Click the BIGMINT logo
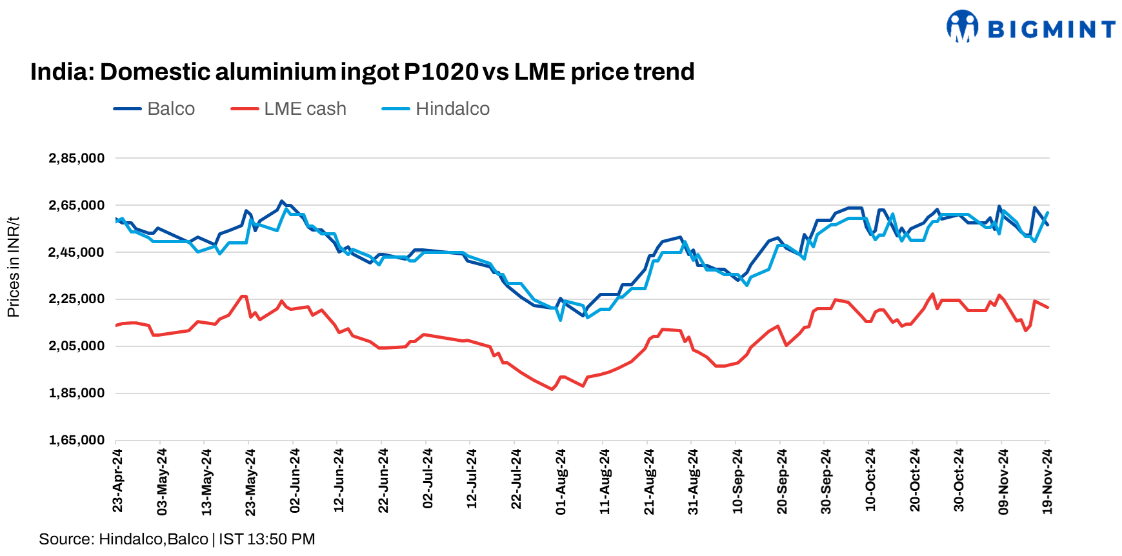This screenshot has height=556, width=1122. click(1030, 28)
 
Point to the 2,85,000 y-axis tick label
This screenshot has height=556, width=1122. click(76, 158)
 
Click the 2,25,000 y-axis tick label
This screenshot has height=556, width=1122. click(76, 299)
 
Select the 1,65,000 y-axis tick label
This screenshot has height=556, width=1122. click(76, 441)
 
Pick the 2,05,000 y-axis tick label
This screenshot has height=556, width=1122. click(76, 346)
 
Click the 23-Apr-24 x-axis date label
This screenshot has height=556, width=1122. click(117, 481)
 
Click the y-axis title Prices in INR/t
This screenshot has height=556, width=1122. click(13, 267)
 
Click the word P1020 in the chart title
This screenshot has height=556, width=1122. click(441, 72)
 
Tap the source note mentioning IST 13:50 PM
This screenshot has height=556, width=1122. click(177, 539)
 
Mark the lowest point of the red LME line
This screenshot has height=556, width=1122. click(552, 389)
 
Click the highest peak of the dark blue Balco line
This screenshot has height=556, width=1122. click(281, 201)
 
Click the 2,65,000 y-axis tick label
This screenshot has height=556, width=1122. click(76, 205)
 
